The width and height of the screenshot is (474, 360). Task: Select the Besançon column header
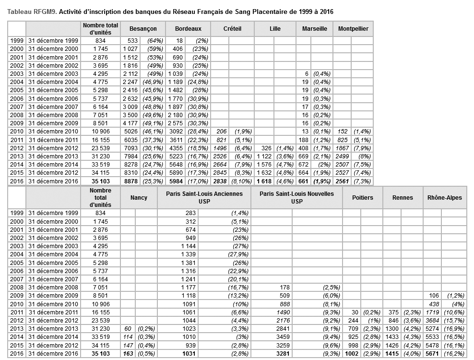[x=143, y=29]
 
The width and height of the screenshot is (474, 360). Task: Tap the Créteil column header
[x=232, y=29]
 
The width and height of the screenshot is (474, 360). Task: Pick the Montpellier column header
[x=353, y=29]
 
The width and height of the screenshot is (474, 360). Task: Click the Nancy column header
[x=139, y=197]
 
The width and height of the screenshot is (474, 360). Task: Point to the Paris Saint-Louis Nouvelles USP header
[x=296, y=197]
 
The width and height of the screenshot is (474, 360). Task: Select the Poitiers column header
[x=362, y=197]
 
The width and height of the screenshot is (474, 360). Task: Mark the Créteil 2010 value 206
[x=221, y=131]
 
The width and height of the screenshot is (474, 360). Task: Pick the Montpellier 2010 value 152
[x=343, y=131]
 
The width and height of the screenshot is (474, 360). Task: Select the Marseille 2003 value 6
[x=306, y=73]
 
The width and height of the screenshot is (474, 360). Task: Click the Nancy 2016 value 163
[x=127, y=354]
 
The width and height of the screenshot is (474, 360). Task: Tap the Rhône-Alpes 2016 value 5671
[x=434, y=354]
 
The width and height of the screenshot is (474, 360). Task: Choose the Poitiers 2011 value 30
[x=355, y=312]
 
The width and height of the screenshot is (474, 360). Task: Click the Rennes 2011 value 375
[x=392, y=312]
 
